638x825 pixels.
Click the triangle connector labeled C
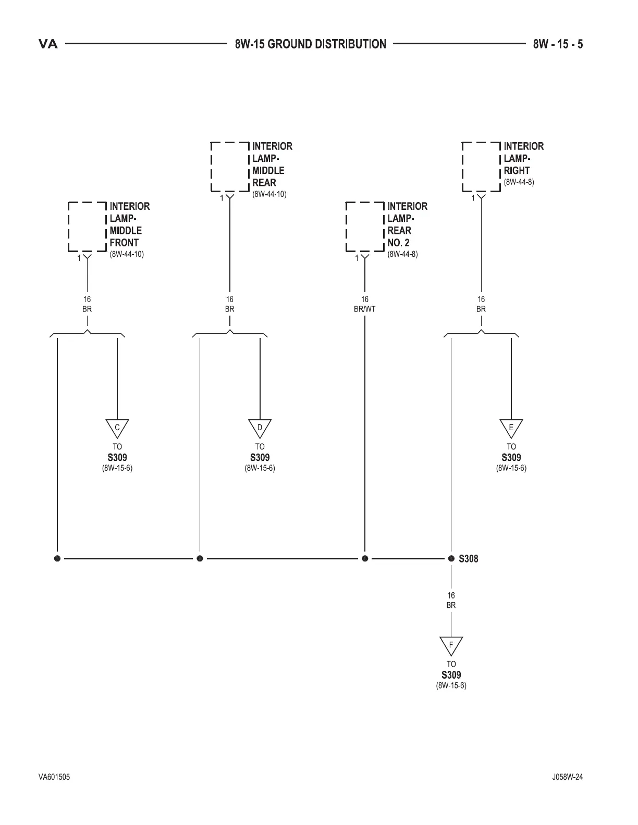coord(117,428)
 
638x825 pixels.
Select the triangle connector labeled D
coord(260,428)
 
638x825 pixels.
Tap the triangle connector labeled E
coord(511,428)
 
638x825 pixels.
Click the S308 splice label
coord(468,559)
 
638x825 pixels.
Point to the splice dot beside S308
coord(451,558)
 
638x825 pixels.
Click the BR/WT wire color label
coord(364,309)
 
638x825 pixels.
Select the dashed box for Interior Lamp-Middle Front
coord(88,227)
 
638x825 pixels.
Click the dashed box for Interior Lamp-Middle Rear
coord(230,167)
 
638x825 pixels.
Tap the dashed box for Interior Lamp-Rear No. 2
coord(365,227)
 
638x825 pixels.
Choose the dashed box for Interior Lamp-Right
coord(481,167)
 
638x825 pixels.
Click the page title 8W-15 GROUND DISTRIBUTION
coord(311,44)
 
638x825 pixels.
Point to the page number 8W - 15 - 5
coord(558,44)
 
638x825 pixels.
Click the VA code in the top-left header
coord(48,44)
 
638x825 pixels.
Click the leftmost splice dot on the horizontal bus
coord(57,558)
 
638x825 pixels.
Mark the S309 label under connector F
coord(451,675)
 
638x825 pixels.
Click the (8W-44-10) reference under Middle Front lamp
coord(127,254)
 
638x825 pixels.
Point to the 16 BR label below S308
coord(451,600)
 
